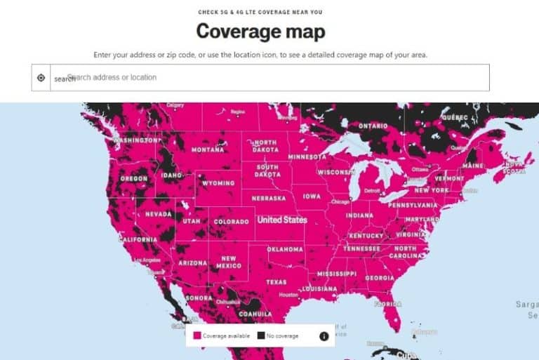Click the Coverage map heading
pyautogui.click(x=260, y=32)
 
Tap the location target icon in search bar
pyautogui.click(x=41, y=78)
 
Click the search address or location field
pyautogui.click(x=274, y=77)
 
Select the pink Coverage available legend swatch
pyautogui.click(x=197, y=336)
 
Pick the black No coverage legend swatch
pyautogui.click(x=260, y=336)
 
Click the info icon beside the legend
pyautogui.click(x=324, y=336)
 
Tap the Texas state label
pyautogui.click(x=276, y=281)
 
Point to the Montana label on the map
pyautogui.click(x=208, y=149)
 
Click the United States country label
pyautogui.click(x=281, y=220)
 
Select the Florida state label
pyautogui.click(x=387, y=305)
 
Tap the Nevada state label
pyautogui.click(x=158, y=213)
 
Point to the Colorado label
pyautogui.click(x=231, y=221)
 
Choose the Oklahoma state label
pyautogui.click(x=285, y=249)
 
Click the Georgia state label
pyautogui.click(x=380, y=278)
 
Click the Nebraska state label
pyautogui.click(x=268, y=198)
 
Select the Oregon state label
pyautogui.click(x=133, y=178)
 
